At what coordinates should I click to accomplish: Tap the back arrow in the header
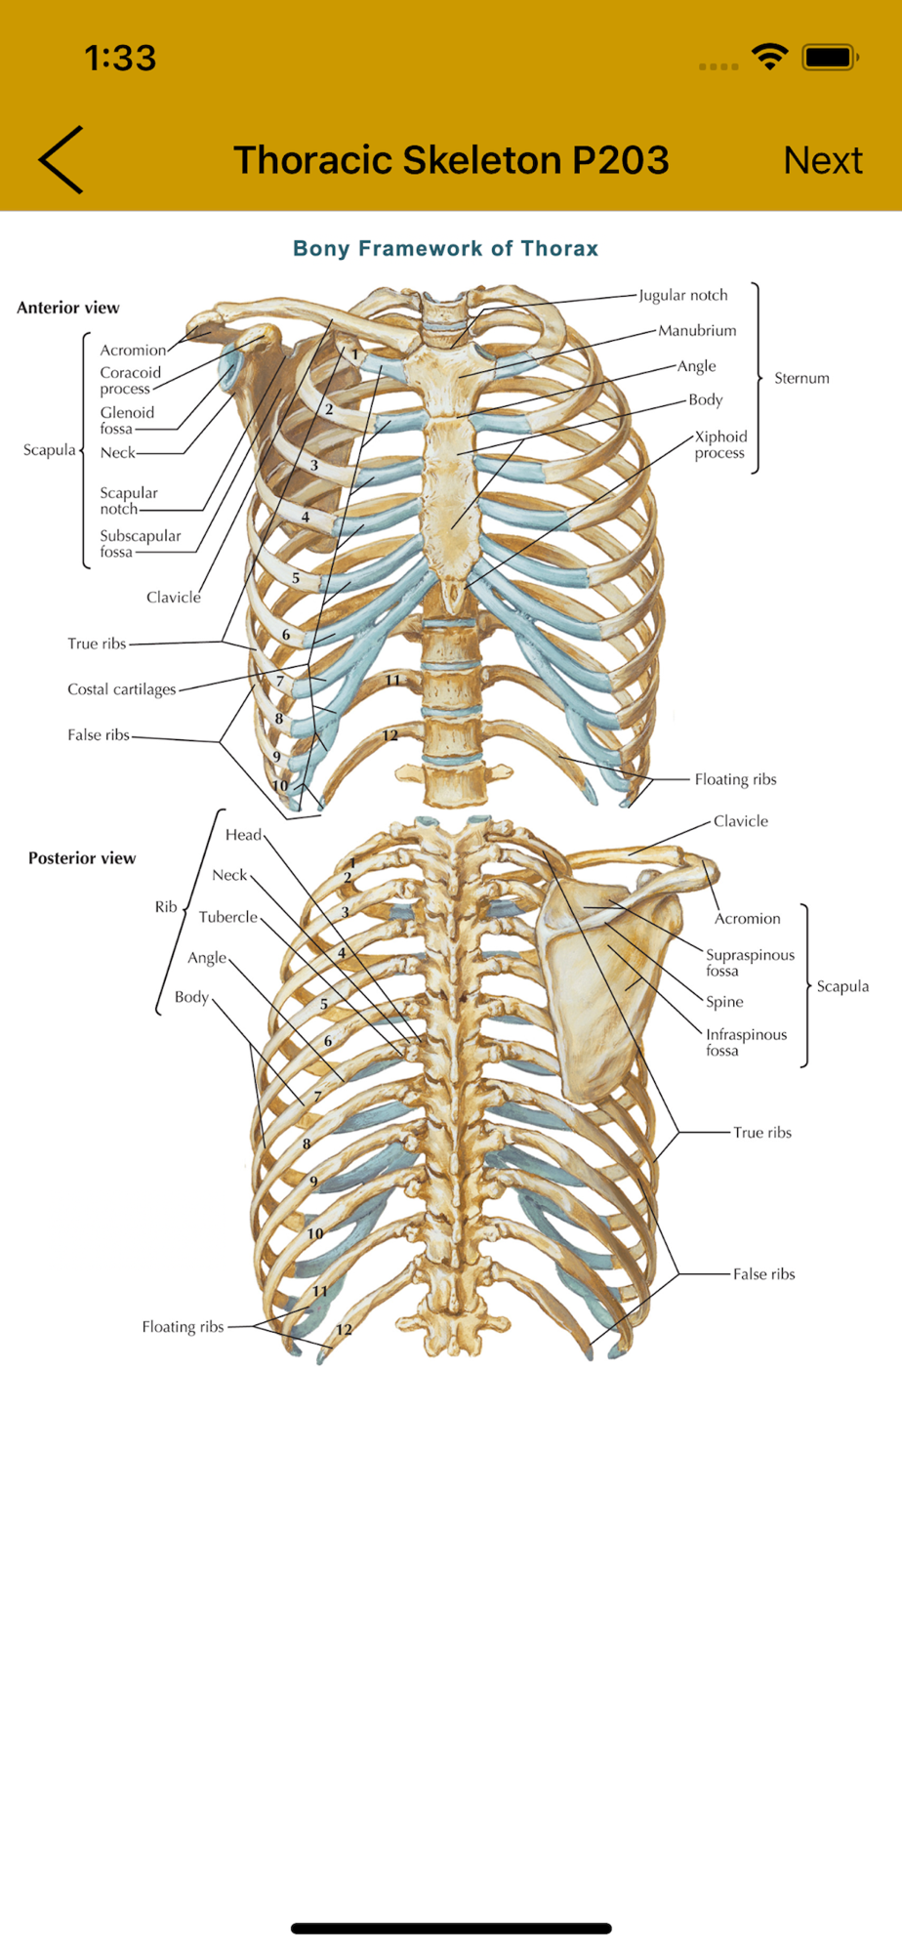click(61, 160)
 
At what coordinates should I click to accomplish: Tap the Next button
click(822, 160)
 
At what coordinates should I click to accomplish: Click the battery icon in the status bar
click(829, 58)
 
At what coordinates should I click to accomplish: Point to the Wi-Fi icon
click(770, 58)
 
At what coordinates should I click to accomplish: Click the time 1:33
click(120, 59)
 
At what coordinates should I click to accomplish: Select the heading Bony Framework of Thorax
click(445, 248)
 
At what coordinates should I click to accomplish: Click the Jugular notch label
click(683, 295)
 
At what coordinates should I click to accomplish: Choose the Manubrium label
click(697, 331)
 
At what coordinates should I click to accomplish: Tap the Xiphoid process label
click(720, 444)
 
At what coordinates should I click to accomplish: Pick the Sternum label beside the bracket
click(801, 378)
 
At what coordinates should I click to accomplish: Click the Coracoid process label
click(130, 380)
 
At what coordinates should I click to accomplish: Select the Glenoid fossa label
click(127, 420)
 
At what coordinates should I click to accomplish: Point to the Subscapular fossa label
click(140, 543)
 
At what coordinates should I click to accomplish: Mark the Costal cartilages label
click(122, 689)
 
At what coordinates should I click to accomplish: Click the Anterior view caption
click(68, 308)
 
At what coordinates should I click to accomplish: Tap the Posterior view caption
click(82, 858)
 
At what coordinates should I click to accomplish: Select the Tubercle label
click(228, 917)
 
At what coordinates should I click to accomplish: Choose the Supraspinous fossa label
click(750, 962)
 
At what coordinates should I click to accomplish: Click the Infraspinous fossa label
click(746, 1042)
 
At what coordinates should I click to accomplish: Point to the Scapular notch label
click(128, 500)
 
